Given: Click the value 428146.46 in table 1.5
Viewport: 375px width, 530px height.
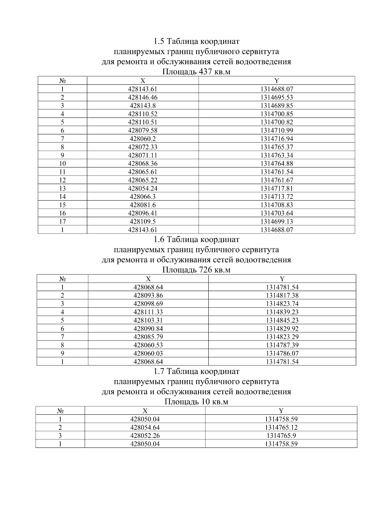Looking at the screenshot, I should (143, 97).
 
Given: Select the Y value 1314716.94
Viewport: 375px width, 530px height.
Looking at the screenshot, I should (277, 139).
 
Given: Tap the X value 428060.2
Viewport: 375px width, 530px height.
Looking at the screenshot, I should (143, 139).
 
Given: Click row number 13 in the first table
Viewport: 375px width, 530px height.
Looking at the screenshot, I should (62, 188).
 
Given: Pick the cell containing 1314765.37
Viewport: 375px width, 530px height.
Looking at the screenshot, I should (277, 147).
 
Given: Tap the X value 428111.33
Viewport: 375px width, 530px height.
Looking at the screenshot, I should (148, 312).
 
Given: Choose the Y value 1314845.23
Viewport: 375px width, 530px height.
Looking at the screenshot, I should (282, 320).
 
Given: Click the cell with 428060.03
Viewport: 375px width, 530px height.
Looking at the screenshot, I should (148, 353).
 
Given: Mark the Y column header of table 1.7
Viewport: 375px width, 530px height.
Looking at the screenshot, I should (281, 411).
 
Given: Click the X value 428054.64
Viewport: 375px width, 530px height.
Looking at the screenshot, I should (145, 427).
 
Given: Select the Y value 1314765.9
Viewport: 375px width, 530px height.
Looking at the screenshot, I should (281, 435).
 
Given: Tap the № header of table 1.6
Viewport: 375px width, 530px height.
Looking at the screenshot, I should (62, 279).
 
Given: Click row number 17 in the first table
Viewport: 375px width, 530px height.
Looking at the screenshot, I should (62, 221).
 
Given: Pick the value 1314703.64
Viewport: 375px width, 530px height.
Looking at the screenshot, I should (277, 213).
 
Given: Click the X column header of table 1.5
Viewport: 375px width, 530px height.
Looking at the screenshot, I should (143, 81).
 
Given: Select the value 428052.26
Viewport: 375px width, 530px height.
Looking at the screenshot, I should (145, 435).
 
